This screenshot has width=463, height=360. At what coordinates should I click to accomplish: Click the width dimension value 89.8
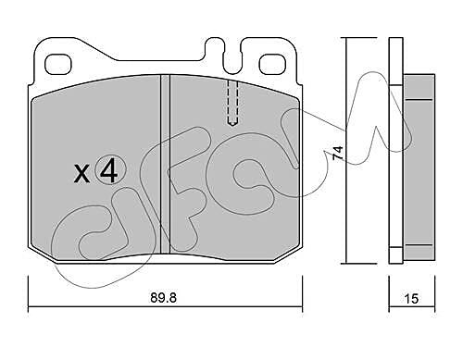click(x=163, y=298)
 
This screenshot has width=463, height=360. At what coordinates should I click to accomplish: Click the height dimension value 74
click(x=338, y=153)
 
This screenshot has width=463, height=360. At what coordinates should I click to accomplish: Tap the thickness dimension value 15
click(x=411, y=299)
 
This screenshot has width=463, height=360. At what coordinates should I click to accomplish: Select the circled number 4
click(x=110, y=170)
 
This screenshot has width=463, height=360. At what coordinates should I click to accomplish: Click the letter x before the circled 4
click(x=82, y=174)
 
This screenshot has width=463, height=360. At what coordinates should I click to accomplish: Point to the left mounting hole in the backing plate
click(x=58, y=64)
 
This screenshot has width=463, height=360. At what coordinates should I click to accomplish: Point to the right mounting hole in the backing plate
click(x=272, y=64)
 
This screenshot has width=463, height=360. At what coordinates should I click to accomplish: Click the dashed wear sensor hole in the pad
click(x=232, y=103)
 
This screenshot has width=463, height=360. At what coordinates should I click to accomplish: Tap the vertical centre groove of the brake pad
click(x=166, y=164)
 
